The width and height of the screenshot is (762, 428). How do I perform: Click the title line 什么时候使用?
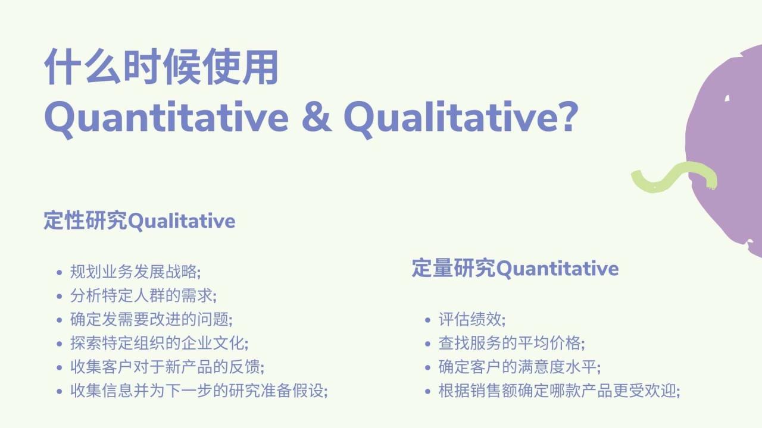[161, 67]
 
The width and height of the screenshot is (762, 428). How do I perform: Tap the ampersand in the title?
[316, 118]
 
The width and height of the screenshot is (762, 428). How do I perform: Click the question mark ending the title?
[566, 117]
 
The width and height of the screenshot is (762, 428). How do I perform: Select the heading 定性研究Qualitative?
[139, 221]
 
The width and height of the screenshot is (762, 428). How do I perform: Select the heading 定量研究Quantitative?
[515, 268]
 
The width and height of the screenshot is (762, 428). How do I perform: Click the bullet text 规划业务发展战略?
[135, 272]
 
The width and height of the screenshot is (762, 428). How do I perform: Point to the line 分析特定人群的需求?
[143, 295]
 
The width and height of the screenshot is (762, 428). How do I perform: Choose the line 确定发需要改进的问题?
[151, 319]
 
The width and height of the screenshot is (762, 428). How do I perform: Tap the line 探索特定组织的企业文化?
[159, 343]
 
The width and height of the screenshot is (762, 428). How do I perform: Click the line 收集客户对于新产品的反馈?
[167, 367]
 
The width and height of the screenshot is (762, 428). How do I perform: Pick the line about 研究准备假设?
[199, 391]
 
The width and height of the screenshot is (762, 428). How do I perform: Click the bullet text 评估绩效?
[471, 319]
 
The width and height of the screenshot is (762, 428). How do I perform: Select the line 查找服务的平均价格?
[511, 343]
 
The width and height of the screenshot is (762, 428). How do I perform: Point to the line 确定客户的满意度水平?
[519, 367]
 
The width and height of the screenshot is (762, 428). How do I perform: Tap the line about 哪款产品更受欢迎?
[559, 391]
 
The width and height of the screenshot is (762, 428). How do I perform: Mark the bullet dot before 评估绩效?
[428, 320]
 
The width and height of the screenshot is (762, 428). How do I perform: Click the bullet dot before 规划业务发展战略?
[59, 273]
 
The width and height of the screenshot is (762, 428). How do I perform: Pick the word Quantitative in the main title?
[166, 118]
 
